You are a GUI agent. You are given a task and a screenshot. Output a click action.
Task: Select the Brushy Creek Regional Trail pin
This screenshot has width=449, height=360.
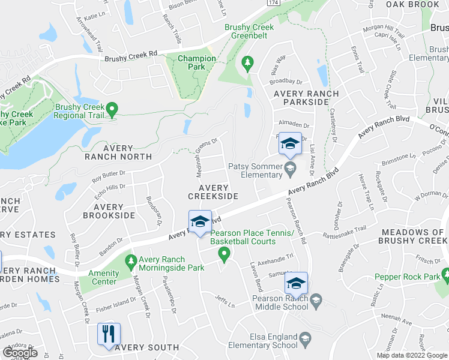coord(112,110)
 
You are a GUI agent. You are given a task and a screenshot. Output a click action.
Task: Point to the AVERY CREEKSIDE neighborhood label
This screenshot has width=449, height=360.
coord(213,191)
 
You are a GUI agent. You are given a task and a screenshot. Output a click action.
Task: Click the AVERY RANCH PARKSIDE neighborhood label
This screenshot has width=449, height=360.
coord(301,98)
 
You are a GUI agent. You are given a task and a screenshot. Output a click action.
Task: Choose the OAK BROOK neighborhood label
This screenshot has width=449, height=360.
coord(412,4)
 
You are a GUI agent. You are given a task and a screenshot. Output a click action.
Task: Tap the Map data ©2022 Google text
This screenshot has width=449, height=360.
coord(411,355)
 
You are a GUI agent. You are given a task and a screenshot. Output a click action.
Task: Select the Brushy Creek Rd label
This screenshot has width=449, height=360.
coord(130,56)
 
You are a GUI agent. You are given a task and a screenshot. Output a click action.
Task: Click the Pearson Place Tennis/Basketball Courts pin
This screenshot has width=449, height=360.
coord(224,256)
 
